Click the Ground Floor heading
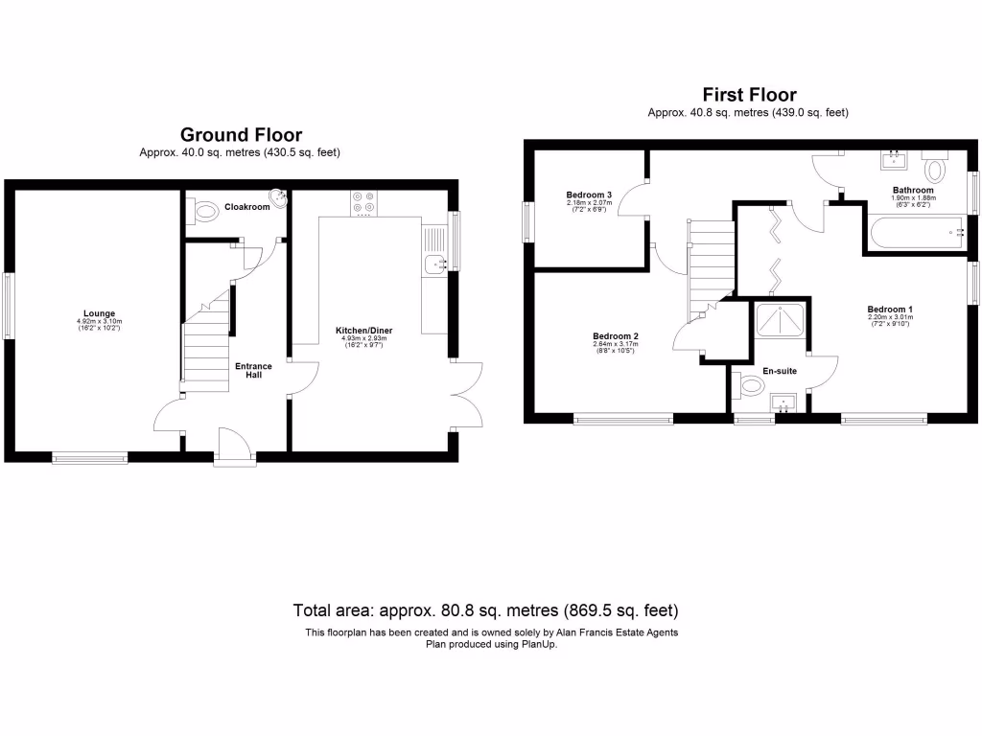pyautogui.click(x=241, y=135)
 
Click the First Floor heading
pyautogui.click(x=749, y=94)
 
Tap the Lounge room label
pyautogui.click(x=99, y=313)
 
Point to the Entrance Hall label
pyautogui.click(x=254, y=369)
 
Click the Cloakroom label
pyautogui.click(x=246, y=206)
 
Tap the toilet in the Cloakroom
pyautogui.click(x=200, y=208)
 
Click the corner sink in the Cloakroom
pyautogui.click(x=279, y=198)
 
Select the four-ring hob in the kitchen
pyautogui.click(x=364, y=201)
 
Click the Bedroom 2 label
pyautogui.click(x=615, y=335)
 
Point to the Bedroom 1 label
pyautogui.click(x=890, y=309)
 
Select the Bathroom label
pyautogui.click(x=912, y=190)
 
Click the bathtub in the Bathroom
pyautogui.click(x=916, y=232)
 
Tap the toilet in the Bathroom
pyautogui.click(x=935, y=170)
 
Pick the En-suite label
pyautogui.click(x=780, y=370)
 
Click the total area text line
pyautogui.click(x=485, y=609)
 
